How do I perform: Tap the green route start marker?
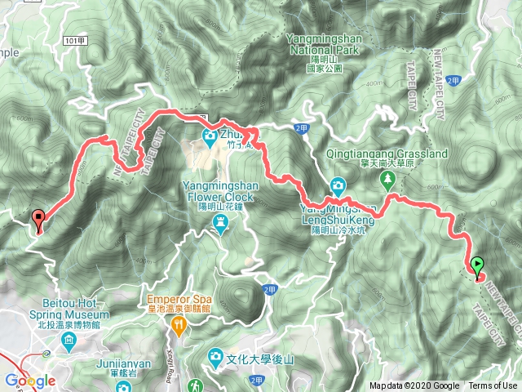tap(477, 265)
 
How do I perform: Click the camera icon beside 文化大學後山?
tap(215, 356)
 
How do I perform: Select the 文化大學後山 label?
tap(254, 357)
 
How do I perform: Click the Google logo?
tap(29, 381)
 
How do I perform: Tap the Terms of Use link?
tap(493, 386)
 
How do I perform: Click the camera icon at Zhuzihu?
tap(209, 134)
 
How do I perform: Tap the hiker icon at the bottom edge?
tap(195, 385)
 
